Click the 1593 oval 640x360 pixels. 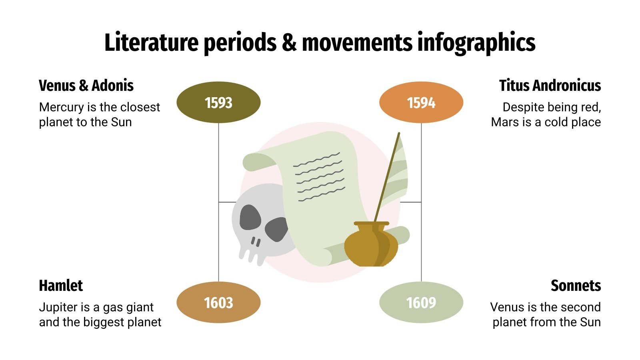(x=218, y=103)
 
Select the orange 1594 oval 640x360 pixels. (x=421, y=103)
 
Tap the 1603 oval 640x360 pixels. (x=218, y=303)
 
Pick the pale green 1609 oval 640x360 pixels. (x=421, y=303)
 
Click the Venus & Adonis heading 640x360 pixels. (x=86, y=86)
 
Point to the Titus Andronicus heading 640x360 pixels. (x=550, y=86)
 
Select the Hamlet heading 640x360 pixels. (x=61, y=286)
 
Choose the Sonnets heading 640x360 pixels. (x=576, y=286)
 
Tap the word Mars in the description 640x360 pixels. (x=505, y=122)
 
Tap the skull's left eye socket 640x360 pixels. (x=250, y=218)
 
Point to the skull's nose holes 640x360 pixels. (x=256, y=242)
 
